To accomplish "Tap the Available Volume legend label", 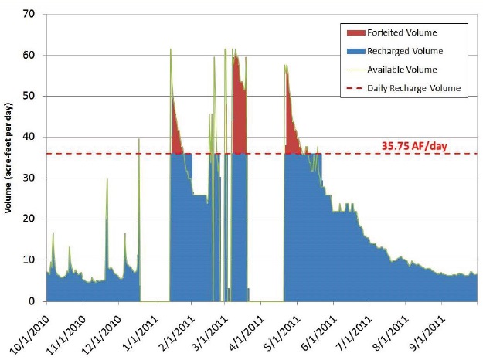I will (406, 70).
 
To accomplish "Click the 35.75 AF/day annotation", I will (414, 144).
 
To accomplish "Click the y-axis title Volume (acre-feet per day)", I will (10, 158).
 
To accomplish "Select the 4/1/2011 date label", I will (244, 329).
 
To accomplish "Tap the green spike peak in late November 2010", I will (107, 179).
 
